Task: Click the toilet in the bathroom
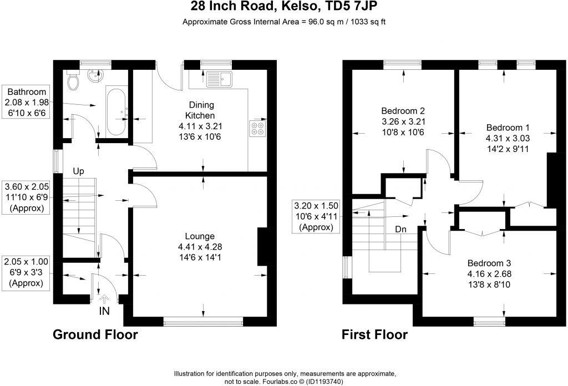pyautogui.click(x=73, y=83)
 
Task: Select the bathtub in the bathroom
pyautogui.click(x=116, y=111)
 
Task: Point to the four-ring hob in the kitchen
pyautogui.click(x=257, y=129)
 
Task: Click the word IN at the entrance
pyautogui.click(x=104, y=311)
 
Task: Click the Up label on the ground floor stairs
pyautogui.click(x=78, y=172)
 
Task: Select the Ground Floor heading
pyautogui.click(x=95, y=334)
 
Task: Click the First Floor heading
pyautogui.click(x=374, y=334)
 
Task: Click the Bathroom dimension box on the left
pyautogui.click(x=27, y=103)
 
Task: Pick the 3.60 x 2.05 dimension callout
pyautogui.click(x=27, y=197)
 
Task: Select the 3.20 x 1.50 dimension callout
pyautogui.click(x=316, y=216)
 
